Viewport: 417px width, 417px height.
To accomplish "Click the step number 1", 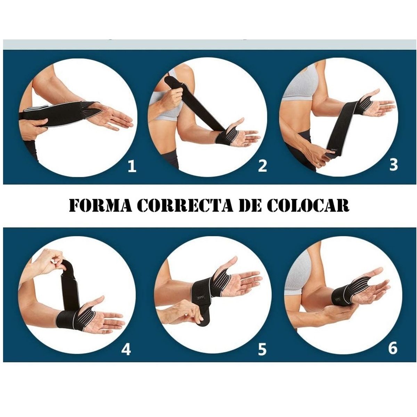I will [132, 166].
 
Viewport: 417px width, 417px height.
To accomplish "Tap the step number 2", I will [262, 166].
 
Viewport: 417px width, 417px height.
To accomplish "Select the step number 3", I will [393, 165].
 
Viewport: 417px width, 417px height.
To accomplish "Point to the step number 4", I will [126, 349].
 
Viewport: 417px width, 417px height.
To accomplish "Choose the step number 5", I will [262, 349].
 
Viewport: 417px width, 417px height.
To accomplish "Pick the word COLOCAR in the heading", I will [308, 206].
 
